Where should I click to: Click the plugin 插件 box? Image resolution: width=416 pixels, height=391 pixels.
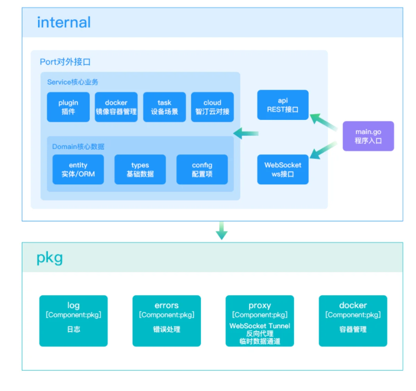pyautogui.click(x=68, y=107)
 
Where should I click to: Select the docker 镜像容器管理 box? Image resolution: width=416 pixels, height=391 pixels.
pyautogui.click(x=116, y=107)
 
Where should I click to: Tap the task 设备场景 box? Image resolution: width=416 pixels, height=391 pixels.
pyautogui.click(x=164, y=107)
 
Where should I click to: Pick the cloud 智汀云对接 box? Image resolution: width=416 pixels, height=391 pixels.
pyautogui.click(x=213, y=107)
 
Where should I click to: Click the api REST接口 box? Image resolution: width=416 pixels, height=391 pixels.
pyautogui.click(x=283, y=105)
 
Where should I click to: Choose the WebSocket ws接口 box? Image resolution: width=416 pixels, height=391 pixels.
pyautogui.click(x=283, y=169)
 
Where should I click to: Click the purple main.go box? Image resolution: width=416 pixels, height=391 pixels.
pyautogui.click(x=368, y=136)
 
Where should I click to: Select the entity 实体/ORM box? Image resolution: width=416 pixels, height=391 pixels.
pyautogui.click(x=78, y=169)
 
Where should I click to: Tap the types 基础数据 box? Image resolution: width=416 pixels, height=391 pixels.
pyautogui.click(x=140, y=169)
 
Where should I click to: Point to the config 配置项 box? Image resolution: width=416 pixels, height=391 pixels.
pyautogui.click(x=202, y=169)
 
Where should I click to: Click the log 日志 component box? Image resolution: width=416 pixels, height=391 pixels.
pyautogui.click(x=73, y=321)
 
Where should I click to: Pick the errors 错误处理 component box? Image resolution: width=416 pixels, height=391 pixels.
pyautogui.click(x=167, y=321)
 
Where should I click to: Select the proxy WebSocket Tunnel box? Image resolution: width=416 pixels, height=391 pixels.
pyautogui.click(x=260, y=321)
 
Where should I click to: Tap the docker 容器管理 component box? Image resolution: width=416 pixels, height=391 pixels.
pyautogui.click(x=353, y=321)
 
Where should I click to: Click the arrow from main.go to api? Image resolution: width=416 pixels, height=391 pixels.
pyautogui.click(x=324, y=122)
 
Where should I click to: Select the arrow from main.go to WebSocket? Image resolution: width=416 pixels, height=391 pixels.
pyautogui.click(x=324, y=150)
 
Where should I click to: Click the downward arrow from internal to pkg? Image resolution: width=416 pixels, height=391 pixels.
pyautogui.click(x=222, y=231)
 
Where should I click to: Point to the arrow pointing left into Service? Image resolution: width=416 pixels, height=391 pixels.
pyautogui.click(x=246, y=133)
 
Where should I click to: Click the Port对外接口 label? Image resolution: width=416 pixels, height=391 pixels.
pyautogui.click(x=65, y=62)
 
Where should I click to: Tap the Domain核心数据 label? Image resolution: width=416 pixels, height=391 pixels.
pyautogui.click(x=78, y=146)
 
